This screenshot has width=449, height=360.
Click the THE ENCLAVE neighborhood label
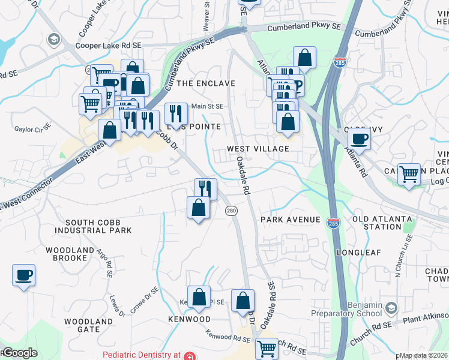click(x=205, y=83)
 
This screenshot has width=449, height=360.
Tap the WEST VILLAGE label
click(x=258, y=148)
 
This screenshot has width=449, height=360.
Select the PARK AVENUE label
click(x=291, y=220)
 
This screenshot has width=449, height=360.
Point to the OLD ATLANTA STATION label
click(x=377, y=223)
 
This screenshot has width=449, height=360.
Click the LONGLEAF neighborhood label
click(x=358, y=253)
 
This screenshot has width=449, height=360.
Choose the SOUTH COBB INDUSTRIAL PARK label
click(x=98, y=226)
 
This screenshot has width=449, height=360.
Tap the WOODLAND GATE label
click(x=89, y=325)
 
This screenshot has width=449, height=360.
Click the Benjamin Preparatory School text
click(x=346, y=308)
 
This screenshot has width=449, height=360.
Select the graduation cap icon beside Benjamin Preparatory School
click(x=391, y=308)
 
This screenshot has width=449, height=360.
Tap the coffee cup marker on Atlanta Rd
click(x=359, y=139)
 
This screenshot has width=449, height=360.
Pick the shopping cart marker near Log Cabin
click(x=409, y=174)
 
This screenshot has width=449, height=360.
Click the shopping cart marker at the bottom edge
click(x=267, y=348)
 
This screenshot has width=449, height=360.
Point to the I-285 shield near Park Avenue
click(x=333, y=223)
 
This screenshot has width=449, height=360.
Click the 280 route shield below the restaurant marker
click(x=231, y=211)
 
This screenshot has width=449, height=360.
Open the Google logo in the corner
click(x=19, y=353)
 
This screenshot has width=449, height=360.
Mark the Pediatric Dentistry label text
click(x=142, y=355)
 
